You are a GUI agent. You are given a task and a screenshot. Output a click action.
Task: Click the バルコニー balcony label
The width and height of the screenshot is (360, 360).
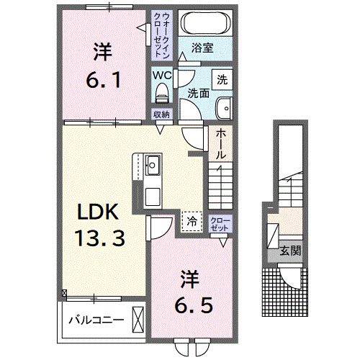coord(95,320)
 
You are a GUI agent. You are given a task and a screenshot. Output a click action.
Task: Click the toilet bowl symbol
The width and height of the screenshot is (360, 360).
coord(161,92)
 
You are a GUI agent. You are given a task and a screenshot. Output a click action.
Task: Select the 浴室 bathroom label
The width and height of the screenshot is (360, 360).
coord(203,49)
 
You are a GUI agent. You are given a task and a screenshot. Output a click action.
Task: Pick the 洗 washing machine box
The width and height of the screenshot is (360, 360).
coord(222,78)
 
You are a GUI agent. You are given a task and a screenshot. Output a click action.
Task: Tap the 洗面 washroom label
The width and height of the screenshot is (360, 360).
coord(198,94)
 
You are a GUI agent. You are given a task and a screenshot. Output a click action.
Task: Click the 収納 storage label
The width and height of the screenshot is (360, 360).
coord(161,114)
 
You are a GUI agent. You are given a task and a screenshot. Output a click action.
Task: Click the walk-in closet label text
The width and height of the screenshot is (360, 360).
coord(160,34)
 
